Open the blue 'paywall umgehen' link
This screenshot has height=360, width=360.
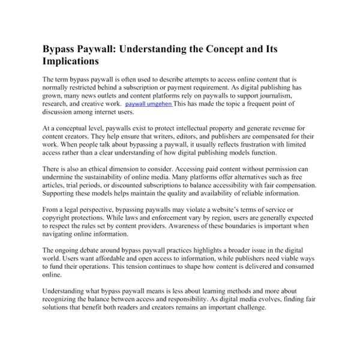pos(149,104)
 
